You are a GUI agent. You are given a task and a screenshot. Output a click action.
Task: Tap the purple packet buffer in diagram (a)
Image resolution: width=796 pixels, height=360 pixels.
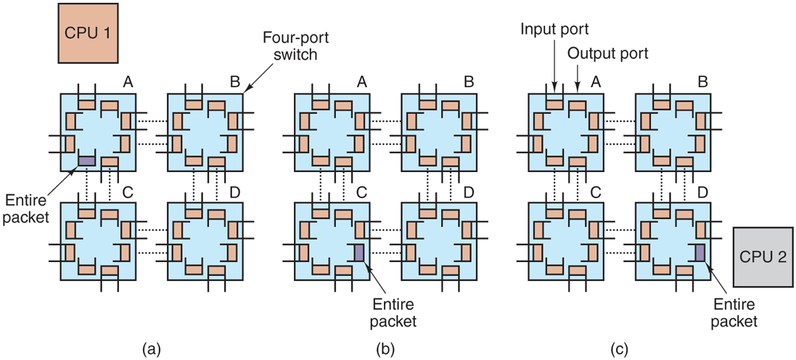click(86, 160)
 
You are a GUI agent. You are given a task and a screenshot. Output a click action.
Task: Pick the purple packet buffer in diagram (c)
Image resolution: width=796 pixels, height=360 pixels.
click(699, 252)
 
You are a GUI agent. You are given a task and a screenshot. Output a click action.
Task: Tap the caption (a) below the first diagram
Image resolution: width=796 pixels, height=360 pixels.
click(152, 349)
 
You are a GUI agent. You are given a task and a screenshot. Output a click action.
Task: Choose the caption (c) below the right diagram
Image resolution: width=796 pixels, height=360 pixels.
click(619, 349)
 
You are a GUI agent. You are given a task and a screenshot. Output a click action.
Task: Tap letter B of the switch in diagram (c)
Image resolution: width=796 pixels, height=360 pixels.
click(702, 83)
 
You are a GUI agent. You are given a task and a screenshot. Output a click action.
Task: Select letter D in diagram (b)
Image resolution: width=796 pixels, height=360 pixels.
click(468, 192)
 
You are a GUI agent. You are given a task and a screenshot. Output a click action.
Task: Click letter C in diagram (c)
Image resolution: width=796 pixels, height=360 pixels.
click(594, 192)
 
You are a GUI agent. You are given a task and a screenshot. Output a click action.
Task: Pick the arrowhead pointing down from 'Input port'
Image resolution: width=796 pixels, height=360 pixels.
click(554, 87)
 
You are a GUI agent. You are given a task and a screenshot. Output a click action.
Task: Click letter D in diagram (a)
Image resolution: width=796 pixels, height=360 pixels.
click(235, 192)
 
